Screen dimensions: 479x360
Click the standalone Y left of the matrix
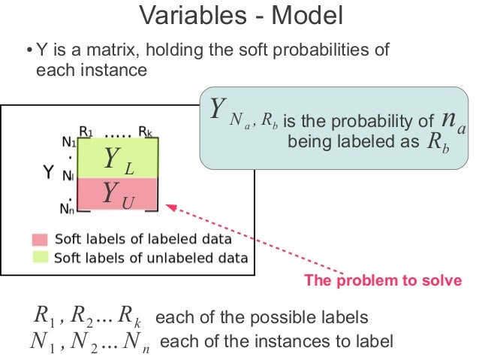(47, 174)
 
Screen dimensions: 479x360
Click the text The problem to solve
(382, 281)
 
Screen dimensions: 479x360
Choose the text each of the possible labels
(261, 316)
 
